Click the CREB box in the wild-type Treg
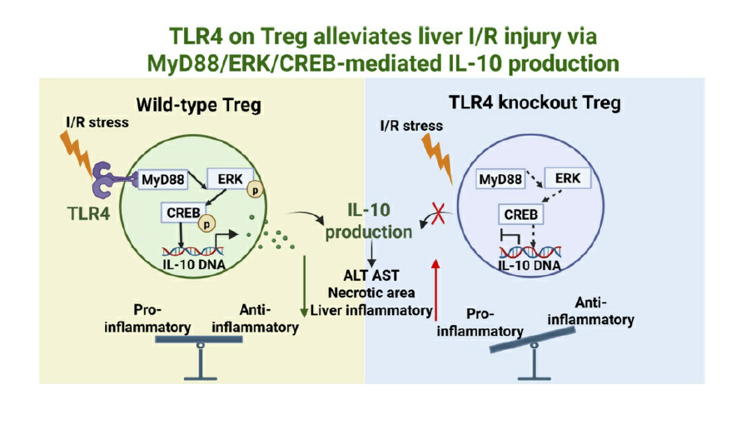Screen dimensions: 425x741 coord(181,213)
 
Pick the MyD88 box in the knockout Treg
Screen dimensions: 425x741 coord(500,178)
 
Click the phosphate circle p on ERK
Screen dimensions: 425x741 coord(247,189)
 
